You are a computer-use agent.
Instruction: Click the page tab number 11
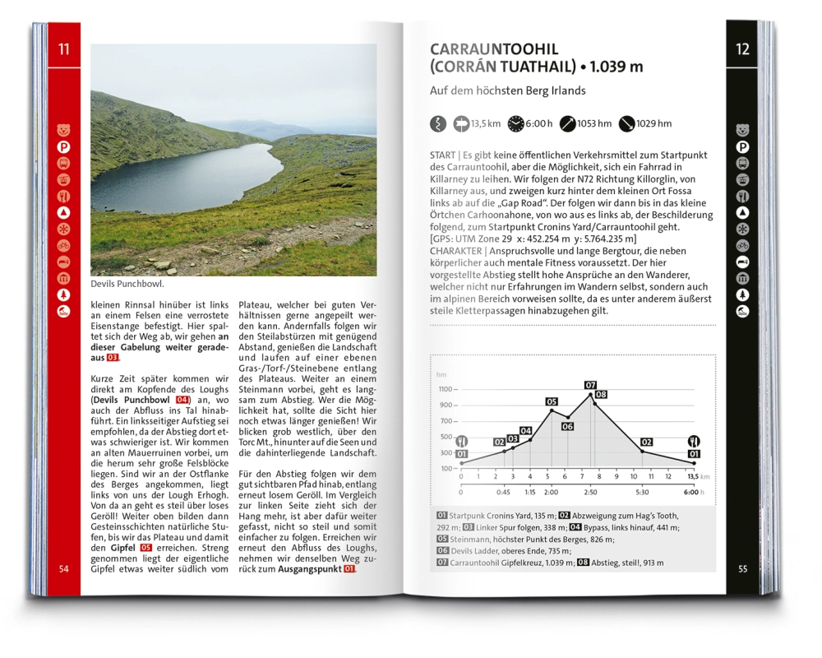[x=63, y=49]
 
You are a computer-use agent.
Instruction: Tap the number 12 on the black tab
[x=742, y=49]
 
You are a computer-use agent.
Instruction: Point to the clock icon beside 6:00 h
[x=515, y=123]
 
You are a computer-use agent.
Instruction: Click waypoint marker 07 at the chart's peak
[x=590, y=385]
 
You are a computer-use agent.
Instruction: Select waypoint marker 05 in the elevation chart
[x=552, y=401]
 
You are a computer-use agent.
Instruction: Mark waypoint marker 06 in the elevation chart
[x=567, y=427]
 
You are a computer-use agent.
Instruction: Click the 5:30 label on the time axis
[x=642, y=492]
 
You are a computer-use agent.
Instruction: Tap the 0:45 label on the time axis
[x=504, y=492]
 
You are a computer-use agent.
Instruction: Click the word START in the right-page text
[x=442, y=155]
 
